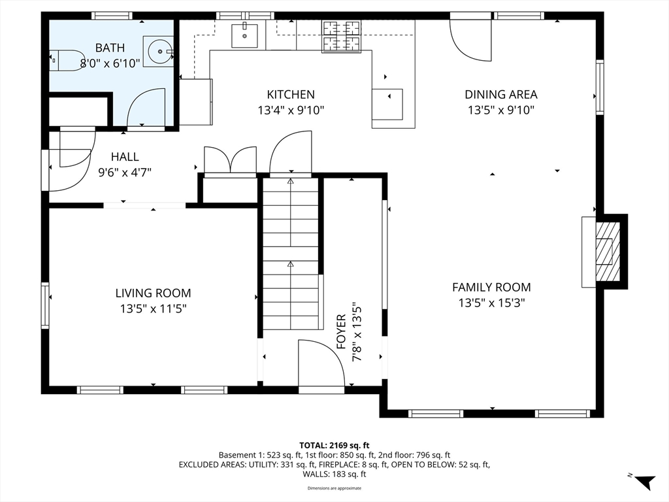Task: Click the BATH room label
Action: (x=110, y=47)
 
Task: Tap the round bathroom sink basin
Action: (x=160, y=51)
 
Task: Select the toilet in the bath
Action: (x=67, y=60)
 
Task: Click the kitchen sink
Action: (x=244, y=36)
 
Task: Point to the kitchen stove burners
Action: (x=341, y=37)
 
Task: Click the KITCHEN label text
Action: (x=291, y=94)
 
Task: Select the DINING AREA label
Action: (x=501, y=94)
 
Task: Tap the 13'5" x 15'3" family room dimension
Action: (x=491, y=303)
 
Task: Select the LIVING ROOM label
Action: (x=153, y=293)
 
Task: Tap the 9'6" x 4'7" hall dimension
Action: (x=125, y=173)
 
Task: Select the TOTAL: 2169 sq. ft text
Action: (x=334, y=446)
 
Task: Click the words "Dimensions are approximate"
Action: (x=334, y=488)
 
